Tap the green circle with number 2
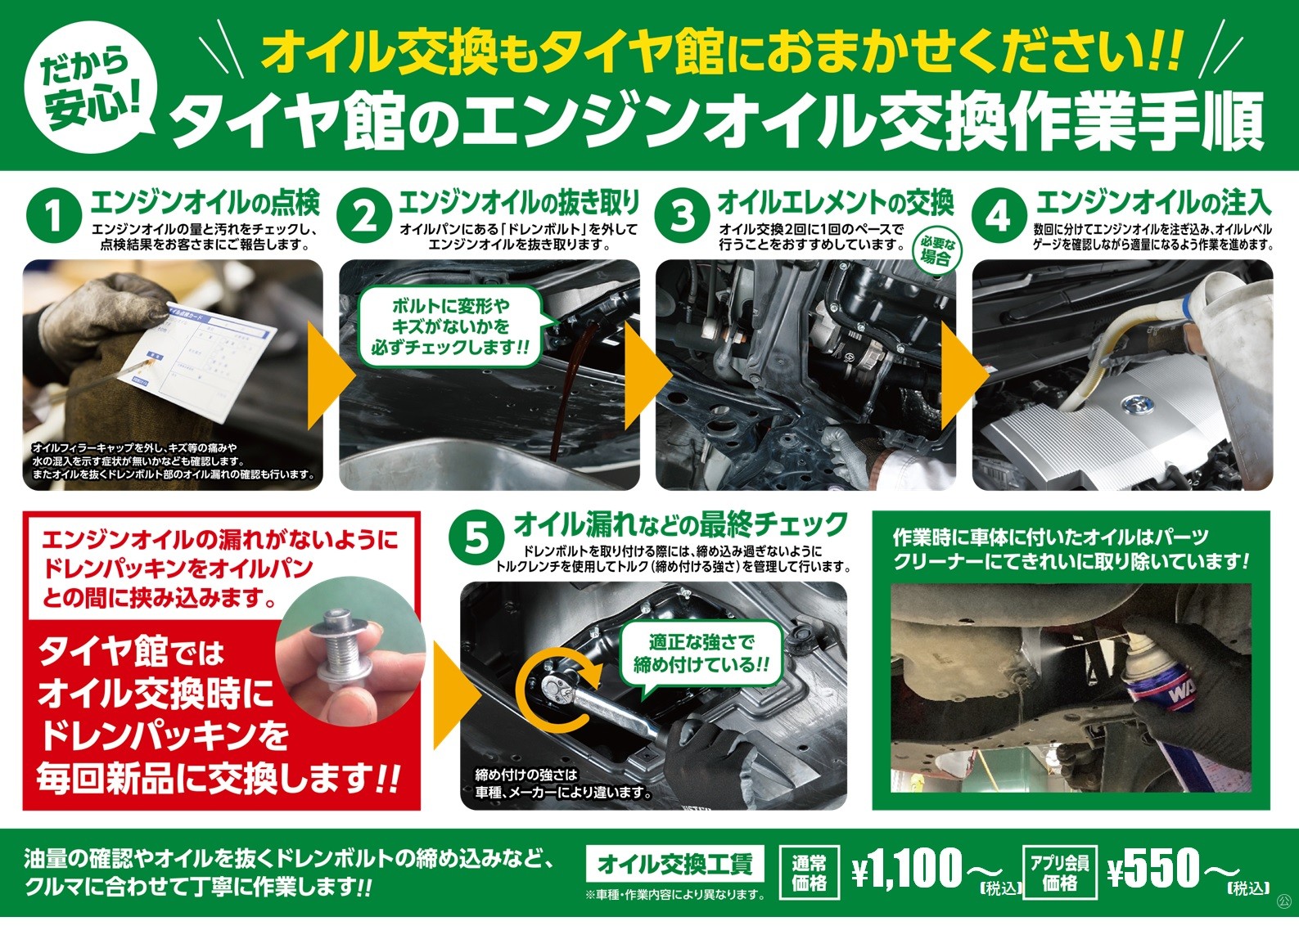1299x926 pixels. [x=364, y=216]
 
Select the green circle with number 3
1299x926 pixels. [x=682, y=216]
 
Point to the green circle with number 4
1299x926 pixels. [x=999, y=216]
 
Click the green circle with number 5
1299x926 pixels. [x=476, y=538]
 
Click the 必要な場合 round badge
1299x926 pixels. [x=935, y=251]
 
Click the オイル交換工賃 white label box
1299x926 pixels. [x=675, y=863]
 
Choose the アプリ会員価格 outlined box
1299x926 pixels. [x=1060, y=872]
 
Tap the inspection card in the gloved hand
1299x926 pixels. [x=197, y=359]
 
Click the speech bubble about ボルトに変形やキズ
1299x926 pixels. [x=450, y=326]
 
